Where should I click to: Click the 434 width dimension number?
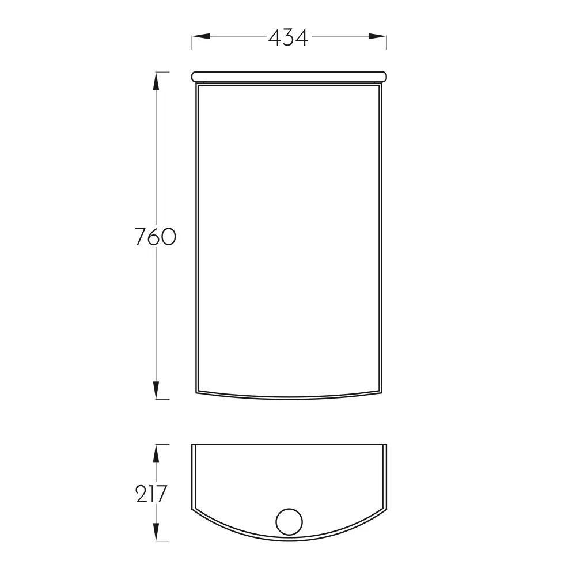coord(288,37)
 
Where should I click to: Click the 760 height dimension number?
coord(156,237)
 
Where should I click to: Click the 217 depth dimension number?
coord(151,494)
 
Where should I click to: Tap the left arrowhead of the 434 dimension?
coord(201,36)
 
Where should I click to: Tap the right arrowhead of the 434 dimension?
coord(377,36)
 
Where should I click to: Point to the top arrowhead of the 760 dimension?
coord(156,81)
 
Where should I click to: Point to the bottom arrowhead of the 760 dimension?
coord(156,390)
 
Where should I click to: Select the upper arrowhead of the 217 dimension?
coord(156,453)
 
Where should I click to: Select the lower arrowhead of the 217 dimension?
coord(156,532)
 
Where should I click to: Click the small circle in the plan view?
coord(289,509)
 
